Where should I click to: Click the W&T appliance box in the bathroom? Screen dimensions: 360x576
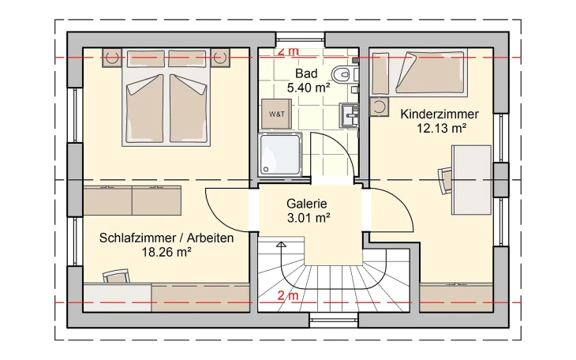[x=278, y=114]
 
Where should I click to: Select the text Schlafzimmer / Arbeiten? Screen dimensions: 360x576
[x=166, y=238]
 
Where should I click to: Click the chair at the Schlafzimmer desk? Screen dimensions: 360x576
[x=116, y=276]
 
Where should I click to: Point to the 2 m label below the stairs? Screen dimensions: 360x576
[x=288, y=297]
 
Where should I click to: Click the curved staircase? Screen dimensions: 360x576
[x=316, y=280]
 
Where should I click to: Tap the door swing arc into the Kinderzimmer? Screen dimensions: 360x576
[x=391, y=209]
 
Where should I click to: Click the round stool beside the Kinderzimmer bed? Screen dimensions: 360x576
[x=380, y=106]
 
